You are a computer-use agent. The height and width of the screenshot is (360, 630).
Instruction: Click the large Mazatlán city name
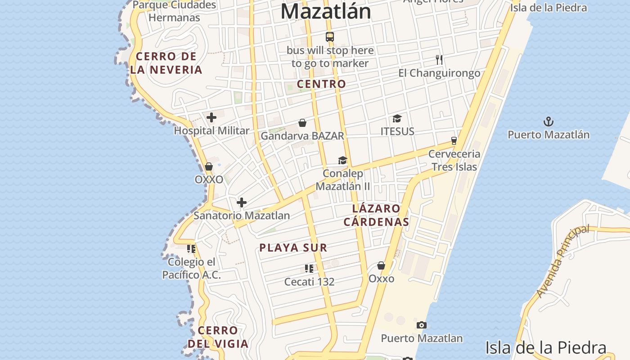pos(326,12)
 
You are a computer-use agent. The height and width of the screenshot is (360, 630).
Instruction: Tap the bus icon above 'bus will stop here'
pos(330,37)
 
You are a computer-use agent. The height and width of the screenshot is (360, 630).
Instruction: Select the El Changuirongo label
pos(439,73)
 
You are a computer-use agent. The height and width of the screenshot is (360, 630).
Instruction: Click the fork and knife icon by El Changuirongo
pos(439,59)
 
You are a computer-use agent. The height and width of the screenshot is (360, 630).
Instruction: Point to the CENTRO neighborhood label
pos(321,84)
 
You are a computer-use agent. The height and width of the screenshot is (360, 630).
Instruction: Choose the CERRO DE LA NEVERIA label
pos(166,63)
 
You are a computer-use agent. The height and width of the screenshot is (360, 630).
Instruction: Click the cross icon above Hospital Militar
pos(211,118)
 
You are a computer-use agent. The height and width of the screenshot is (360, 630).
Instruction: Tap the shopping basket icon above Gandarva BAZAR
pos(302,123)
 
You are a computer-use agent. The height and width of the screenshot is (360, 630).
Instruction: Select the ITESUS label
pos(397,131)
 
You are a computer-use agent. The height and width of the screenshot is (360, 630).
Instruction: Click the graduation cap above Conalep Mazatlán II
pos(343,161)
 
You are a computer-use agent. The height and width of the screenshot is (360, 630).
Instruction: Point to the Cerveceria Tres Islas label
pos(454,160)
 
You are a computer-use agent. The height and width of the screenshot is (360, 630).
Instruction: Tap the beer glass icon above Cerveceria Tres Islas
pos(454,140)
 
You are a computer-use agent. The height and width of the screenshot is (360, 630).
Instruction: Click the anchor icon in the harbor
pos(548,121)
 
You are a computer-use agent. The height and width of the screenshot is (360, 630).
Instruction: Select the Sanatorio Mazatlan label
pos(242,216)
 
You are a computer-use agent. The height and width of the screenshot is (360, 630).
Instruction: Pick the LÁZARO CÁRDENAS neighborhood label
pos(376,215)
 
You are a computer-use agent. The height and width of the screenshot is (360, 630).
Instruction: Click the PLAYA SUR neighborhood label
pos(293,247)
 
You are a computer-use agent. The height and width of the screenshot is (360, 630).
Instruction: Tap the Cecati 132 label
pos(309,282)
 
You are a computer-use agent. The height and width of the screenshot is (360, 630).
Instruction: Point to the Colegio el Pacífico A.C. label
pos(192,268)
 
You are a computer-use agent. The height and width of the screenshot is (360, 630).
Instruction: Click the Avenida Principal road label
pos(562,261)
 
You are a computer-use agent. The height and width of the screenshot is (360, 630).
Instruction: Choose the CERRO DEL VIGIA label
pos(218,337)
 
